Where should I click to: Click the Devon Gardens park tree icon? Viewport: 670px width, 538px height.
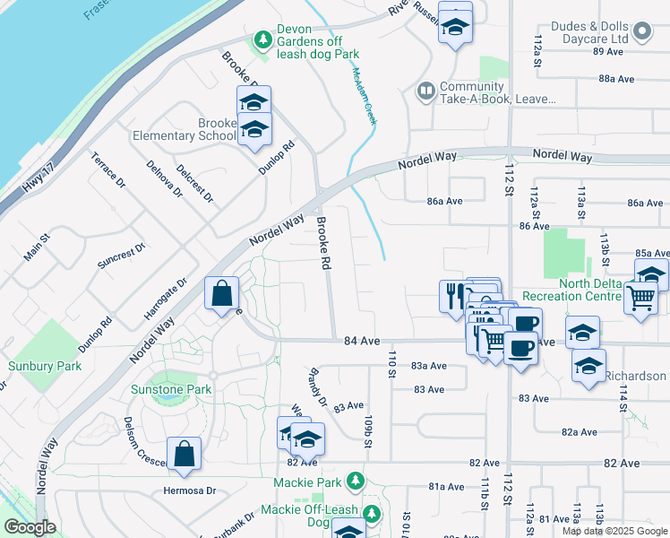[262, 39]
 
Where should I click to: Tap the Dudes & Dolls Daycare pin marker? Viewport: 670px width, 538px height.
[640, 32]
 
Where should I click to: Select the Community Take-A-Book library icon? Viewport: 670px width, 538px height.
[425, 91]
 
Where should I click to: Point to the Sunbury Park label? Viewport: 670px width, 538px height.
[45, 366]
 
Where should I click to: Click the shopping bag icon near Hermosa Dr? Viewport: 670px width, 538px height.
[184, 455]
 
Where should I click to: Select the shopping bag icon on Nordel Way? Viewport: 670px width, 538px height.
[221, 294]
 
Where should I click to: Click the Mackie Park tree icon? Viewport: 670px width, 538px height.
[356, 482]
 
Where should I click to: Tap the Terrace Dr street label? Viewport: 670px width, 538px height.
[107, 169]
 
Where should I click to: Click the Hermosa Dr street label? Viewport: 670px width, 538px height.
[190, 490]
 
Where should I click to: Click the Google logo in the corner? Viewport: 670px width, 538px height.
[30, 528]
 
